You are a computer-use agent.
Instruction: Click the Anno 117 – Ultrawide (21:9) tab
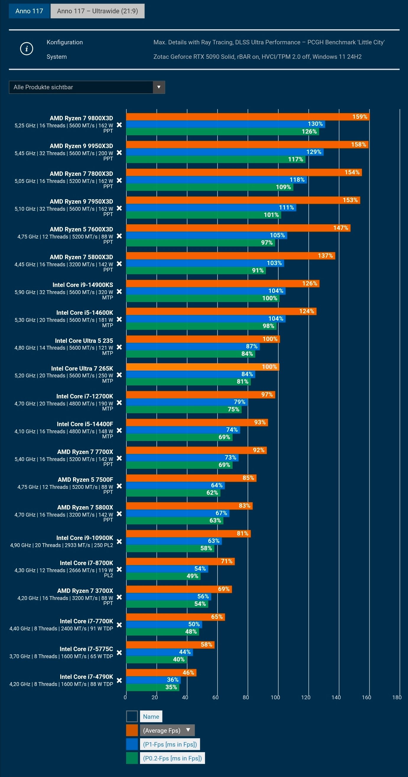tap(97, 11)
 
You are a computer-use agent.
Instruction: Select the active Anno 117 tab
tap(29, 11)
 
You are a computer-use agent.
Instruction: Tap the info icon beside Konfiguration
tap(27, 48)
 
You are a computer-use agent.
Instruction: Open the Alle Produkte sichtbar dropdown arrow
tap(159, 87)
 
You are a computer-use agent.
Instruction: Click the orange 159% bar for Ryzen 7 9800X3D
tap(247, 117)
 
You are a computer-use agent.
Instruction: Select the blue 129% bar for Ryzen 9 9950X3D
tap(224, 152)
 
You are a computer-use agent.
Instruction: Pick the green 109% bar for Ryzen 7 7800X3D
tap(209, 187)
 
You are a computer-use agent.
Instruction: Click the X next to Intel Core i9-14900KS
tap(119, 292)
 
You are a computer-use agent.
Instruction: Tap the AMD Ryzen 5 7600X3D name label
tap(81, 229)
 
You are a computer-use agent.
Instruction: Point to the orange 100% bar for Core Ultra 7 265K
tap(202, 367)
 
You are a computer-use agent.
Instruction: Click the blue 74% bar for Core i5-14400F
tap(183, 430)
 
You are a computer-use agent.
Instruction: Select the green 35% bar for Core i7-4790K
tap(152, 687)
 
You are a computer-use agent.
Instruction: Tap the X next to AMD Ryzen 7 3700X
tap(119, 597)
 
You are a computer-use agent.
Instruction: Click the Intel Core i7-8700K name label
tap(86, 563)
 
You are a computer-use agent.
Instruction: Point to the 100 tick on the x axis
tap(275, 697)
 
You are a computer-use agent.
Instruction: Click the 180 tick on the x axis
tap(397, 697)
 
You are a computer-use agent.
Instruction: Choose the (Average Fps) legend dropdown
tap(167, 730)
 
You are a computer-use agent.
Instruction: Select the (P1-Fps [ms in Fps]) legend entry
tap(170, 744)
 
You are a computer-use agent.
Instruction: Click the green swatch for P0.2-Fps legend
tap(132, 758)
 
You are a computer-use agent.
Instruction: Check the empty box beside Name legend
tap(132, 716)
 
